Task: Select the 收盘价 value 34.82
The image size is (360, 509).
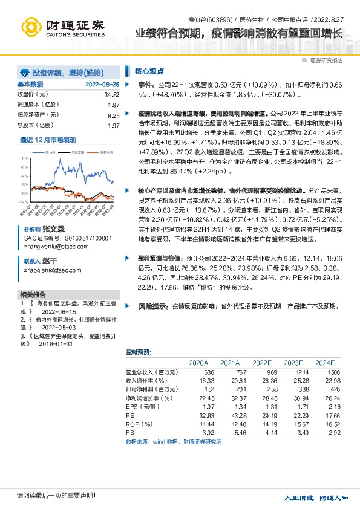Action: tap(112, 95)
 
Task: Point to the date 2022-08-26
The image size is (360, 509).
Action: tap(102, 84)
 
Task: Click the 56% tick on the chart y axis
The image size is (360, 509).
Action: tap(24, 158)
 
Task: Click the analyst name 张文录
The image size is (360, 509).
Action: tap(53, 230)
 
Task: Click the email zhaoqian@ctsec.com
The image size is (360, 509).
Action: tap(51, 270)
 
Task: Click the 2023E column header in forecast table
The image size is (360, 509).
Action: tap(293, 363)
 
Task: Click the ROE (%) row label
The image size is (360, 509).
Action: tap(137, 425)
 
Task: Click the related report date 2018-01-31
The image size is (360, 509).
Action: tap(57, 343)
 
